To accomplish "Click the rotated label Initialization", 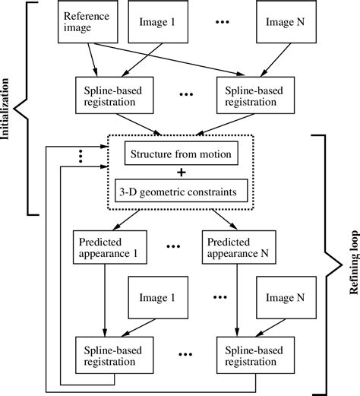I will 9,107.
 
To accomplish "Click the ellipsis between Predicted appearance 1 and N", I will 172,247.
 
